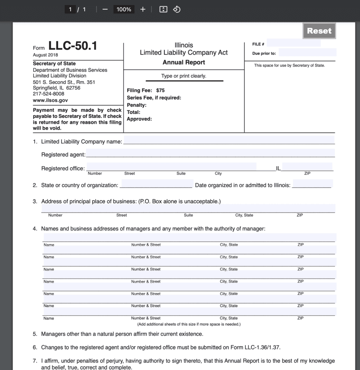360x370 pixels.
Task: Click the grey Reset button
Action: coord(319,31)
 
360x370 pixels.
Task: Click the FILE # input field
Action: coord(293,43)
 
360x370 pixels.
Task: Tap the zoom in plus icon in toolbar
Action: coord(143,9)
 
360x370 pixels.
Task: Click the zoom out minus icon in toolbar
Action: coord(105,9)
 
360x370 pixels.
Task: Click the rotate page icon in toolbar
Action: coord(176,9)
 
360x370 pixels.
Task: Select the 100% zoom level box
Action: coord(124,9)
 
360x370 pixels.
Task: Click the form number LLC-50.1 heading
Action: coord(73,46)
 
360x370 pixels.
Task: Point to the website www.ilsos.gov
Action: coord(50,100)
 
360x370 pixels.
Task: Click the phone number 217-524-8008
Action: coord(48,94)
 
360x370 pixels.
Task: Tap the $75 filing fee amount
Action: coord(160,90)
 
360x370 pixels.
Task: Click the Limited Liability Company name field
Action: coord(229,140)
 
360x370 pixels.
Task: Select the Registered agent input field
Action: coord(210,153)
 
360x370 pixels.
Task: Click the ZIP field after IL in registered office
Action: coord(307,167)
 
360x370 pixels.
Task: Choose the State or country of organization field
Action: coord(156,184)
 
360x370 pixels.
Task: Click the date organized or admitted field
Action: coord(312,184)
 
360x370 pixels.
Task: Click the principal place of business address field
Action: coord(188,208)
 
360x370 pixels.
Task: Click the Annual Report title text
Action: coord(184,62)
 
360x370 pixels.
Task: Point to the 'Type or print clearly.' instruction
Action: coord(184,76)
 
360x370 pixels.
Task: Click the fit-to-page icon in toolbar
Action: coord(163,9)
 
